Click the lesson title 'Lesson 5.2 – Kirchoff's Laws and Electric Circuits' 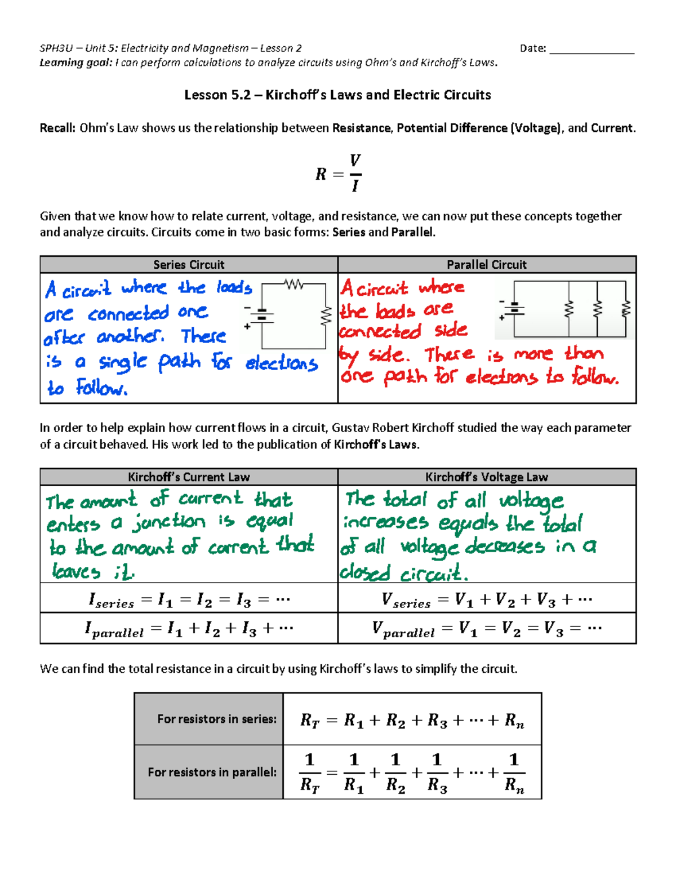pos(337,95)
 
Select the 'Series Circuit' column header pos(189,265)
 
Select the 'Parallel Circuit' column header pos(487,265)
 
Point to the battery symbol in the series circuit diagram pos(261,317)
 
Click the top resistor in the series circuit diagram pos(294,285)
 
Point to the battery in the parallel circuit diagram pos(514,309)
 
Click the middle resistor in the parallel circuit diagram pos(598,309)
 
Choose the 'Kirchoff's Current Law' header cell pos(189,477)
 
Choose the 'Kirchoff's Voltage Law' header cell pos(487,477)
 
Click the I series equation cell pos(189,599)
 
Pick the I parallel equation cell pos(189,629)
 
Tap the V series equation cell pos(487,599)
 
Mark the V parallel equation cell pos(487,629)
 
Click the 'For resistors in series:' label pos(217,719)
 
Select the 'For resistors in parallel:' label pos(212,772)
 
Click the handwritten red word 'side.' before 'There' pos(389,355)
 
